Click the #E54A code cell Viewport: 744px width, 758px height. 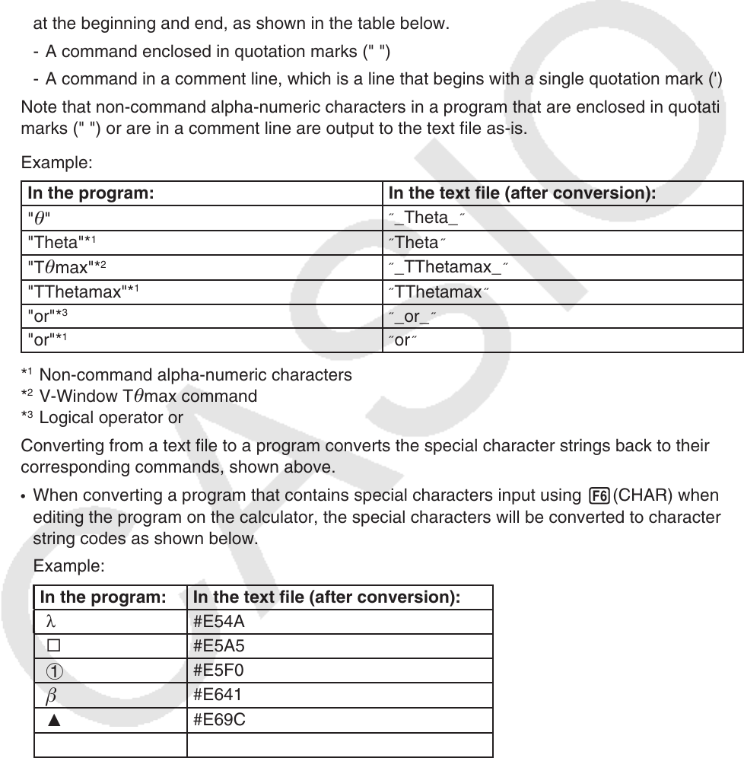click(x=219, y=622)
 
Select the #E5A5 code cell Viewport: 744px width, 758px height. click(x=219, y=646)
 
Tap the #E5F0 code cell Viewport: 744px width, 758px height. click(x=219, y=670)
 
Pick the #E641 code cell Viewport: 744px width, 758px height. click(x=218, y=695)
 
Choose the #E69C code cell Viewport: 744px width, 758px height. click(x=220, y=719)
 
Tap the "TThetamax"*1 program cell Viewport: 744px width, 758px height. click(x=76, y=291)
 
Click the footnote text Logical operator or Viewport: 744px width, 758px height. click(x=111, y=417)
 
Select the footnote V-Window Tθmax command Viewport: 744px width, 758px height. click(x=148, y=396)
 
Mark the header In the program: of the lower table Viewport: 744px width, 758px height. click(x=103, y=597)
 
